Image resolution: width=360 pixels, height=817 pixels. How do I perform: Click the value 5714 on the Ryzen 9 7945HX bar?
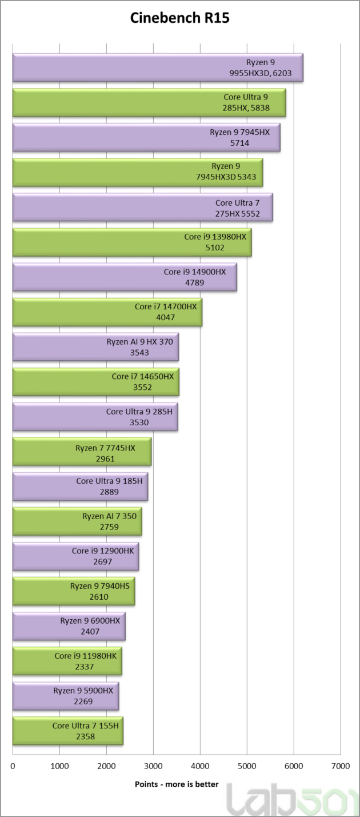click(x=239, y=143)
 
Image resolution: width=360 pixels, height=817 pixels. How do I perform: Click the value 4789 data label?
click(x=195, y=282)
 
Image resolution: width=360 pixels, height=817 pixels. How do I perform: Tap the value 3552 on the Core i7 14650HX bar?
click(x=140, y=387)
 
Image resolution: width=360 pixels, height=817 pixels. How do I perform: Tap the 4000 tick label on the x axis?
click(x=200, y=766)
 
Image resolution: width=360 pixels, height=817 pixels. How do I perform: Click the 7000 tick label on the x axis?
click(x=340, y=766)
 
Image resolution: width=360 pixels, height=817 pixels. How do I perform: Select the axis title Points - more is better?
click(x=177, y=784)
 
